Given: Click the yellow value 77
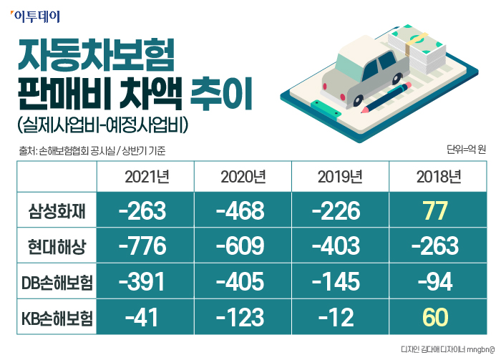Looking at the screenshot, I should (x=436, y=212).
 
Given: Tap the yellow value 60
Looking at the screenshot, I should (x=436, y=317).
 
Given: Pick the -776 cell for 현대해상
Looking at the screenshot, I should (x=145, y=248).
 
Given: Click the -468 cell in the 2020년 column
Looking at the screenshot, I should (x=243, y=212).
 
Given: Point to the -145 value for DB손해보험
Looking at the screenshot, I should (x=339, y=282).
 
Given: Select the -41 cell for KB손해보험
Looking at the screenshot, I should (x=145, y=317).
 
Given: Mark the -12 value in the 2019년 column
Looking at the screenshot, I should (x=339, y=317).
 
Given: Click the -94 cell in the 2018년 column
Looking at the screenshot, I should (x=436, y=282).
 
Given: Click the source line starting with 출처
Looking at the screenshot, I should (x=93, y=151).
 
